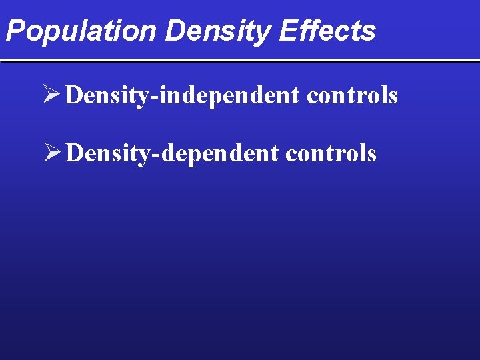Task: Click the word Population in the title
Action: point(81,31)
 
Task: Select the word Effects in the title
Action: point(328,31)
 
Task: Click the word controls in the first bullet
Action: point(352,96)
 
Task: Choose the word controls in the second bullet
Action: point(331,154)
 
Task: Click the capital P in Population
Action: point(15,31)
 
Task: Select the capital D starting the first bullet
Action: point(76,96)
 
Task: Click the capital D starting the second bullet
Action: point(76,154)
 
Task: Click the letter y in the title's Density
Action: point(265,33)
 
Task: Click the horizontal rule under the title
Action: point(240,61)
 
